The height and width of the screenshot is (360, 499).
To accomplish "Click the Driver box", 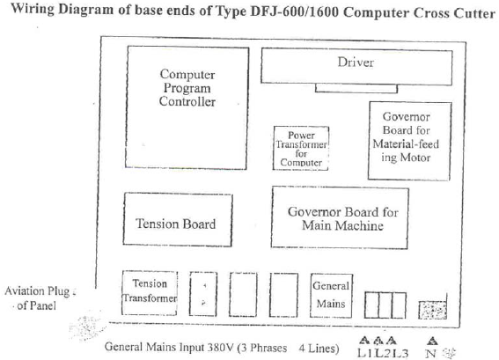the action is pyautogui.click(x=356, y=67).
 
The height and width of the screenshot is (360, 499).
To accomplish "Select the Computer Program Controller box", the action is pyautogui.click(x=187, y=107).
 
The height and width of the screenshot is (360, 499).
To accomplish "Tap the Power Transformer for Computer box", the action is pyautogui.click(x=301, y=149).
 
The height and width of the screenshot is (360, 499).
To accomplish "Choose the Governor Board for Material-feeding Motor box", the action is pyautogui.click(x=409, y=141).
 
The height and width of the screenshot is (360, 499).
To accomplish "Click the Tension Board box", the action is pyautogui.click(x=178, y=219).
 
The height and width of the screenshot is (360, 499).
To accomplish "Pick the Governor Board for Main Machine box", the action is pyautogui.click(x=340, y=217).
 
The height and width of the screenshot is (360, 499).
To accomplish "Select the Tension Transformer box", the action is pyautogui.click(x=150, y=293).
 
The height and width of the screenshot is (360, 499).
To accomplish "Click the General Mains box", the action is pyautogui.click(x=331, y=296).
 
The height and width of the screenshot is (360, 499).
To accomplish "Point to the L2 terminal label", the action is pyautogui.click(x=383, y=353).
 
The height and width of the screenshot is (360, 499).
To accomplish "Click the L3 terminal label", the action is pyautogui.click(x=400, y=353).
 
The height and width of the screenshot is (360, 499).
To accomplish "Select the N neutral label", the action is pyautogui.click(x=430, y=353).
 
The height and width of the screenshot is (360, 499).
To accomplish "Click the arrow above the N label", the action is pyautogui.click(x=431, y=342).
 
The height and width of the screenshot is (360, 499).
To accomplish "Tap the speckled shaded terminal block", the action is pyautogui.click(x=432, y=310).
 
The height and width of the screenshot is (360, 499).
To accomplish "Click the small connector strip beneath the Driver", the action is pyautogui.click(x=356, y=89).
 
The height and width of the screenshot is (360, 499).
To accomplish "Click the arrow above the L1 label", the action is pyautogui.click(x=364, y=341).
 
